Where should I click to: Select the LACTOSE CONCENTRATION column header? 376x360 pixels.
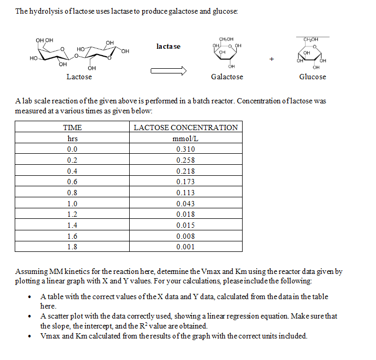coord(185,128)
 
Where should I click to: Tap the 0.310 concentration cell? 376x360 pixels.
coord(185,150)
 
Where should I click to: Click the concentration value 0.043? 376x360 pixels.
coord(185,204)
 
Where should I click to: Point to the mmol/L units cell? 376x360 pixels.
coord(185,139)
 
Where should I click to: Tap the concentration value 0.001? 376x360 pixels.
coord(185,247)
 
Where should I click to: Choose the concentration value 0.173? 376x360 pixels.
coord(185,182)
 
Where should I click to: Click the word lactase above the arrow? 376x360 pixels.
coord(168,47)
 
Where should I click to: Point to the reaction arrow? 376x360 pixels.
coord(168,72)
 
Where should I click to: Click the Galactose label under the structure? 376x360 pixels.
coord(227,77)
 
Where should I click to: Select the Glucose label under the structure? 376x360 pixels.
coord(312,77)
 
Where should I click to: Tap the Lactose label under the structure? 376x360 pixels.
coord(79,77)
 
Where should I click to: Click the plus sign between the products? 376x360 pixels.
coord(271,59)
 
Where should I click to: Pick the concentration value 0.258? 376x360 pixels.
coord(185,161)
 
